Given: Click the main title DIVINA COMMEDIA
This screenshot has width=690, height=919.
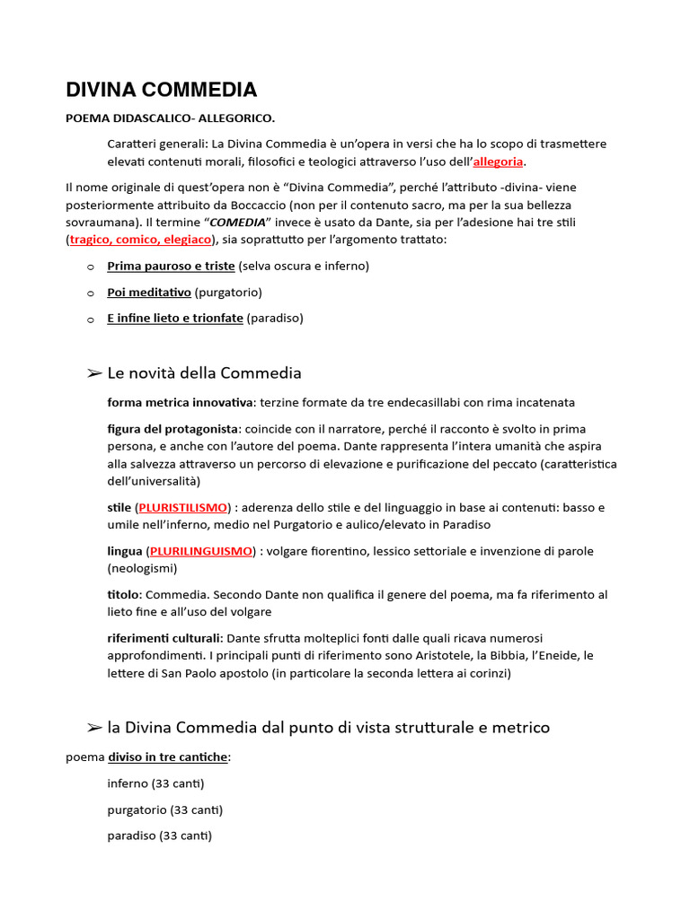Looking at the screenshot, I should click(x=162, y=90).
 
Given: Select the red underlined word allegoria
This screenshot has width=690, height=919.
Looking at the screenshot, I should click(x=498, y=162).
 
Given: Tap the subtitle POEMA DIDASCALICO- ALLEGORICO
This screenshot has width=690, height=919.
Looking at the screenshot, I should click(x=171, y=118).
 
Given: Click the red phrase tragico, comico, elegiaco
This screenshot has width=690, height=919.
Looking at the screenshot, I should click(x=140, y=240).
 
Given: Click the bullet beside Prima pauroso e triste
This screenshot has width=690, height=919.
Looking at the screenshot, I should click(x=90, y=267).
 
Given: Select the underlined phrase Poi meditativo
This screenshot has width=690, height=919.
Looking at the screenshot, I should click(x=148, y=292).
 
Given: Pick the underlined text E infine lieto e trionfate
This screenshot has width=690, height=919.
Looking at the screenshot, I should click(x=175, y=318).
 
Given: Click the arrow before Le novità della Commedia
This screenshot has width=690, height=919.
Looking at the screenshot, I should click(x=93, y=372).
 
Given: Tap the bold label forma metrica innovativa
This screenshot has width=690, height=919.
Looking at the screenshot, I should click(x=179, y=402).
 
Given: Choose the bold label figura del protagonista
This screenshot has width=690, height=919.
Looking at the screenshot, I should click(x=172, y=428).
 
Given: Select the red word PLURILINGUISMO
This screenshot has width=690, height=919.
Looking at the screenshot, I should click(x=200, y=550).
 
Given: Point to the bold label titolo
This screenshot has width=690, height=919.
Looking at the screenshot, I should click(x=123, y=594).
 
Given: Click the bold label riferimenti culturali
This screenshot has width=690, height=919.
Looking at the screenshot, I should click(x=164, y=637).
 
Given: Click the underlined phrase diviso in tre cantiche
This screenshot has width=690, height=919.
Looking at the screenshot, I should click(x=167, y=757).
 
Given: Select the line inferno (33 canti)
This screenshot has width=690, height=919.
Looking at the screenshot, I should click(x=155, y=783).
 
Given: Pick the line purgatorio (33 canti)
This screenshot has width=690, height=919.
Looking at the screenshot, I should click(x=164, y=810).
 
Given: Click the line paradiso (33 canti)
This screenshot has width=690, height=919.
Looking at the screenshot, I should click(x=159, y=836).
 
